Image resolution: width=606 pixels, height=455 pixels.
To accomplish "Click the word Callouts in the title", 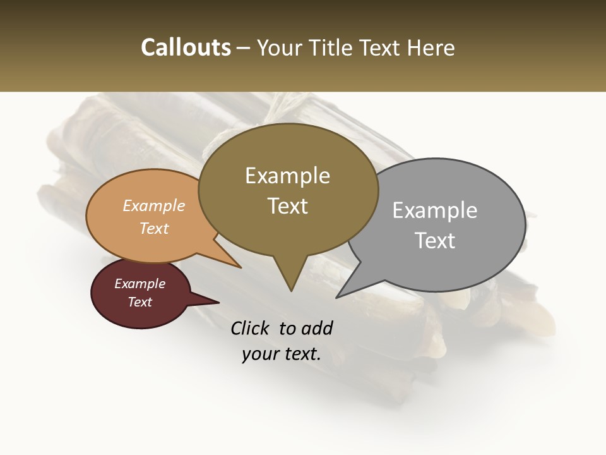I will pos(186,47).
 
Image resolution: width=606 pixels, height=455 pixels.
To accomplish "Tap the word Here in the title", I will pos(431,47).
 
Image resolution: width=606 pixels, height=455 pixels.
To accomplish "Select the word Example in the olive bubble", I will pos(287,176).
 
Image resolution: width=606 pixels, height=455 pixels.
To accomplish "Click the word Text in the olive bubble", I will pos(287,206).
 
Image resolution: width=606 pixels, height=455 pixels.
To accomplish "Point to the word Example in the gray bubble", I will pos(434,210).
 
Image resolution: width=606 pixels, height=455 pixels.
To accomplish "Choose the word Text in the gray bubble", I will pos(435,241).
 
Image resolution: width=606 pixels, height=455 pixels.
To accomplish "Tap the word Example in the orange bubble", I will pos(154,205).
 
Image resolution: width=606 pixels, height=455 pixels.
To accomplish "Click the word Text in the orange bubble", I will pos(154,228).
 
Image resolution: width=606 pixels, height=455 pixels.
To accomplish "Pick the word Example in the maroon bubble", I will pos(140,284).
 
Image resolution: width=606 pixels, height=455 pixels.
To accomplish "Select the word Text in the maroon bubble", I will pos(140,302).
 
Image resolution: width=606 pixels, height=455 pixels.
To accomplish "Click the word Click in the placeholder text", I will pos(251,328).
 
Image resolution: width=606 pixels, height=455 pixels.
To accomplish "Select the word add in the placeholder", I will pos(316,328).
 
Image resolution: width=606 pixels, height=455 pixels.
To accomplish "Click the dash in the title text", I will pos(244,48).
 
